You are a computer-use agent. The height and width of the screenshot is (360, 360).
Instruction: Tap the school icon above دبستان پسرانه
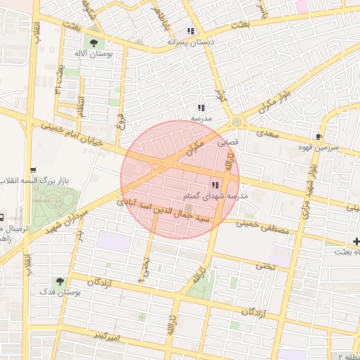[x=191, y=31]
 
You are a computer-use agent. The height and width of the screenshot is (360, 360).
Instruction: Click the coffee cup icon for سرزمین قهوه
[x=320, y=136]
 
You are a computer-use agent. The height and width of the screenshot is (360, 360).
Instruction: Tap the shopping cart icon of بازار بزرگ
[x=33, y=171]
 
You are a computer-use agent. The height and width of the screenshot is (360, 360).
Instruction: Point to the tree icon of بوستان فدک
[x=58, y=281]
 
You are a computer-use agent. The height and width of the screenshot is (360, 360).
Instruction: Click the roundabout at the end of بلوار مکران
[x=236, y=121]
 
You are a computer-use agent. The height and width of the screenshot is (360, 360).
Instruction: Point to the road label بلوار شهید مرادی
[x=308, y=190]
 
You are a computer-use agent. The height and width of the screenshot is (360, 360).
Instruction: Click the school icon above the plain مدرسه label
[x=201, y=108]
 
